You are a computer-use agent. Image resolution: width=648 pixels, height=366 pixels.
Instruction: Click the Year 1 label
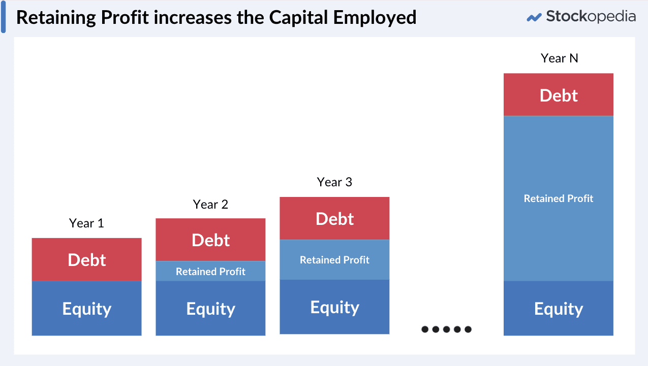tap(86, 223)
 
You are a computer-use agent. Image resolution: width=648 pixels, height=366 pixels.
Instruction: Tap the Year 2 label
tap(210, 205)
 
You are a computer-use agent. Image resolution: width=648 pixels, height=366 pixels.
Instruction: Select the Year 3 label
tap(334, 182)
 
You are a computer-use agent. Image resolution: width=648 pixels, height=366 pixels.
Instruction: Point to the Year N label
tap(559, 58)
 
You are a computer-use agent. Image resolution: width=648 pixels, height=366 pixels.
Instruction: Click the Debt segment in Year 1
tap(86, 259)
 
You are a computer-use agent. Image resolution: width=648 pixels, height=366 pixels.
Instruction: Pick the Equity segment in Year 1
tap(86, 308)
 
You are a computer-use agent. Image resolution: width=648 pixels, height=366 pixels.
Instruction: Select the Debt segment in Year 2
tap(210, 240)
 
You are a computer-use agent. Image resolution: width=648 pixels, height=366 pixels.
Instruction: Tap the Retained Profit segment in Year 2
tap(210, 271)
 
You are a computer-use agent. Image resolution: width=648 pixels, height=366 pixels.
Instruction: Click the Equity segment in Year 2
tap(210, 308)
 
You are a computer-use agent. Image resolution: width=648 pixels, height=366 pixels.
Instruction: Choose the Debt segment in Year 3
tap(334, 218)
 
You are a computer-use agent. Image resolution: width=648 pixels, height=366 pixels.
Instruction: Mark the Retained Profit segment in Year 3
tap(334, 259)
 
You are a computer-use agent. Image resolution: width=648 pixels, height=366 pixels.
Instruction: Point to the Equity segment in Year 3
tap(334, 307)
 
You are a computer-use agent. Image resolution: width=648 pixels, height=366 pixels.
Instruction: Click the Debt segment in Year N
tap(559, 95)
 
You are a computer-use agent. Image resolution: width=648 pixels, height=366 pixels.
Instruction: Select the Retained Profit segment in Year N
tap(559, 198)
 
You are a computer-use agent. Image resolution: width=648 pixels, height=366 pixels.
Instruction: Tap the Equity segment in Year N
tap(559, 308)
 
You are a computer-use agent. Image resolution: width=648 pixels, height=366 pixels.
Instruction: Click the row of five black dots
tap(446, 329)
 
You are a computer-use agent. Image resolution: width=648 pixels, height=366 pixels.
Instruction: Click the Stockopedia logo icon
tap(534, 17)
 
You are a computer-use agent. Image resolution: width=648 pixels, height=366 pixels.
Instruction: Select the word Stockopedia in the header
tap(591, 16)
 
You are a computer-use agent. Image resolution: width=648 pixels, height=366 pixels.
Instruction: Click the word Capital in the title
tap(298, 17)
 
